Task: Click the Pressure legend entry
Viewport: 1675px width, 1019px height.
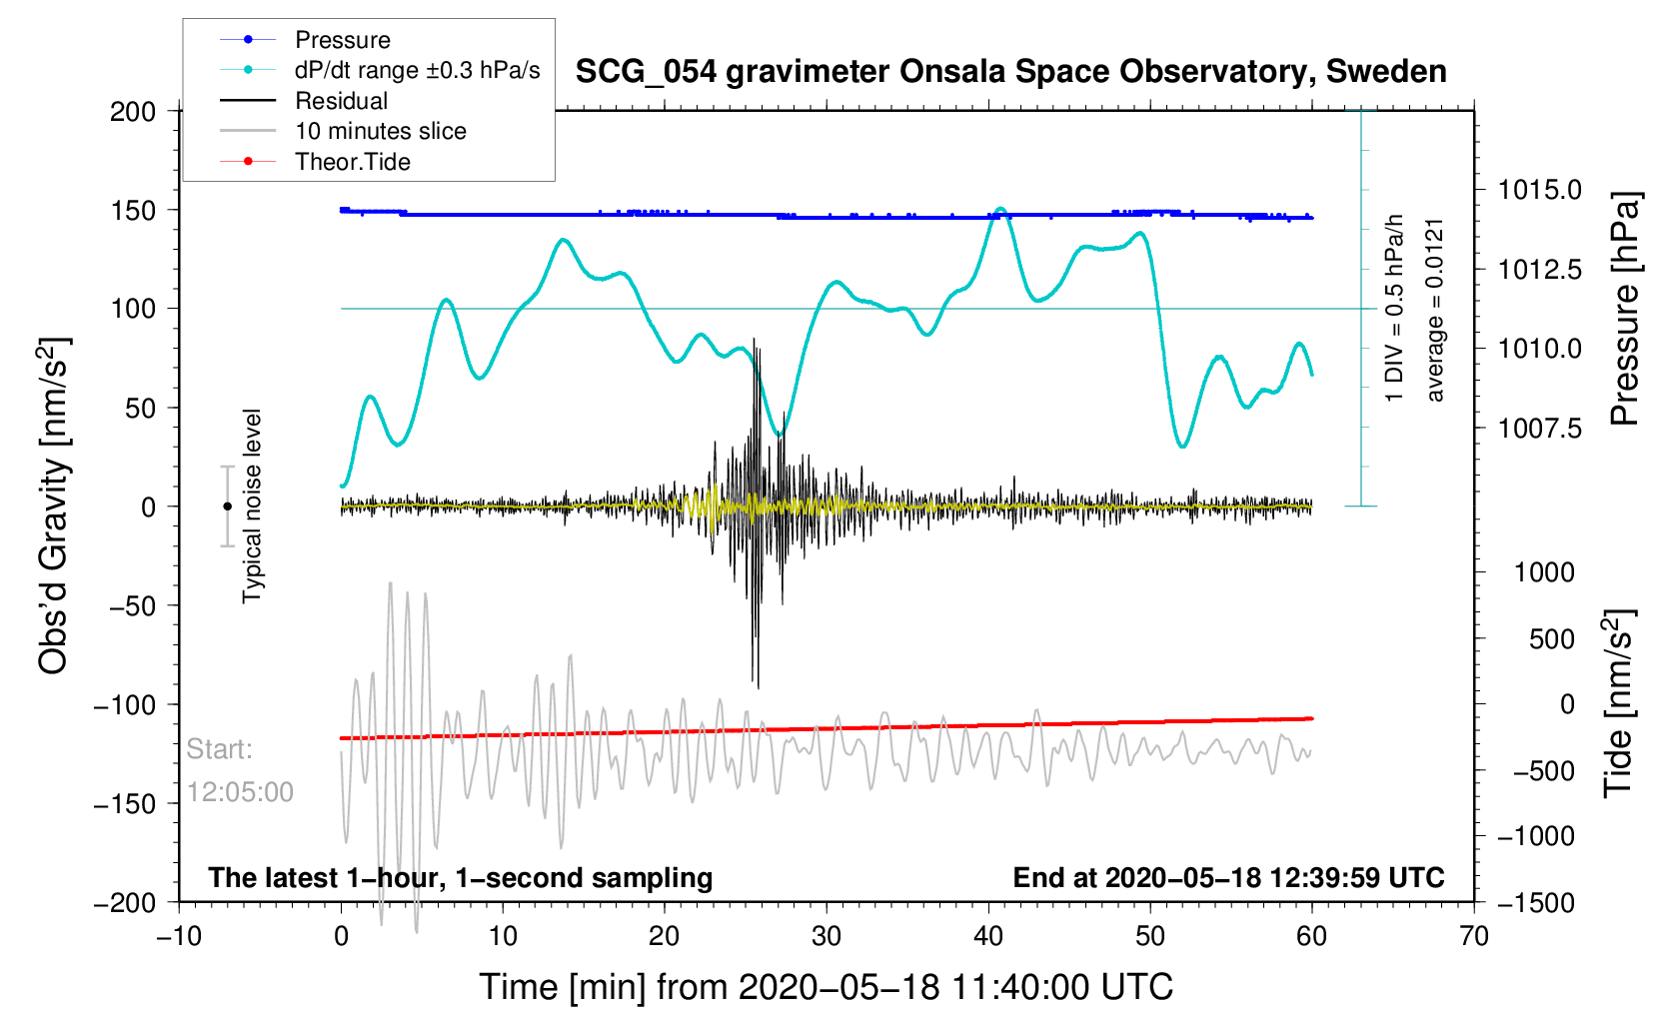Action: pos(342,40)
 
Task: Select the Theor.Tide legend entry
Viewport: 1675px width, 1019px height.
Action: pos(352,162)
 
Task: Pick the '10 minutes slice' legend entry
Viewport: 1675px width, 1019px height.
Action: pos(380,131)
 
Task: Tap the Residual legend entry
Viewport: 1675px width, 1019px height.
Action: pos(341,101)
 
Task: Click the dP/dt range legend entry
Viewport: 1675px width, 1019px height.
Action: pos(417,70)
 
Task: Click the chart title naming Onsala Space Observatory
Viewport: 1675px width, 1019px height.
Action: pos(1010,72)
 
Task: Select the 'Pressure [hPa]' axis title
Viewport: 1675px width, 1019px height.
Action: pos(1625,309)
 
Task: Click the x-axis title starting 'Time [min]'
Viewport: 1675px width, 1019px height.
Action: pos(826,987)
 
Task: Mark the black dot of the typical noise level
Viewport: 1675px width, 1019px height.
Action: pos(227,507)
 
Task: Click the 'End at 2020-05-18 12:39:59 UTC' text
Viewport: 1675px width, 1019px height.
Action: pos(1228,878)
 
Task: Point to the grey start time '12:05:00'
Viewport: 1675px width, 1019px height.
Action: pos(240,792)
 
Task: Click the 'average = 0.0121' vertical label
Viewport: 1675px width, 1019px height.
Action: pos(1435,310)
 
